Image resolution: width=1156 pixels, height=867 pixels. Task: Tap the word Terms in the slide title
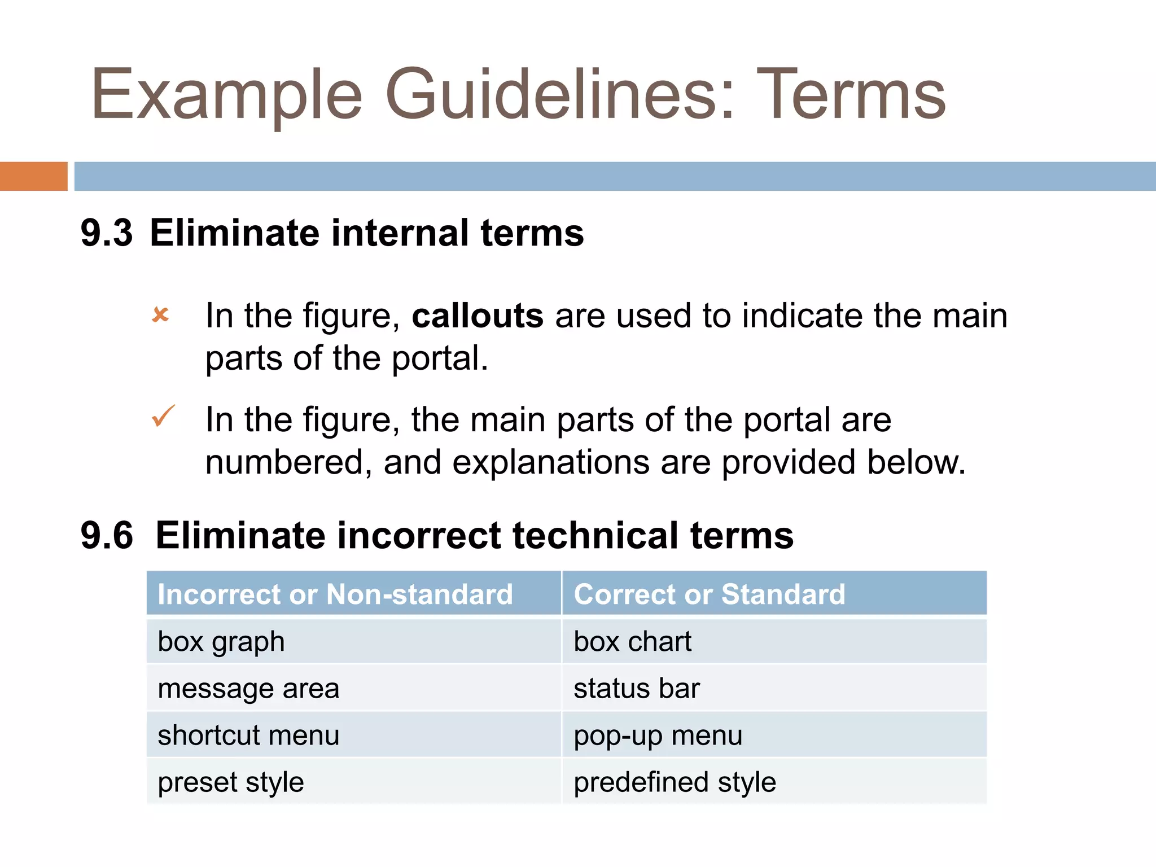click(851, 95)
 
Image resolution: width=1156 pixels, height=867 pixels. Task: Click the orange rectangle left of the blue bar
click(33, 176)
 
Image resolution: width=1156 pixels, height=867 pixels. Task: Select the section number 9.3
click(107, 233)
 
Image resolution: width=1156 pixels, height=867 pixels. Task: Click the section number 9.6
click(107, 535)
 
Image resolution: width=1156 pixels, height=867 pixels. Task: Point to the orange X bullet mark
click(160, 314)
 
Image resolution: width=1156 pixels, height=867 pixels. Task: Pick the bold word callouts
click(478, 316)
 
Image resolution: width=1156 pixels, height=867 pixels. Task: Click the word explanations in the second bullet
click(550, 462)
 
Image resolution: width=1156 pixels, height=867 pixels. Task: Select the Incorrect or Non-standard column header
click(335, 594)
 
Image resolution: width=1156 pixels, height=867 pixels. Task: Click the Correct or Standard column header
click(710, 594)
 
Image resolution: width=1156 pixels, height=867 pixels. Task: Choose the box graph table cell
click(221, 642)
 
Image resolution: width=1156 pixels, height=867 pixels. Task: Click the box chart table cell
click(632, 642)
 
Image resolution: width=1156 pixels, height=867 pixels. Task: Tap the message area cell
click(248, 689)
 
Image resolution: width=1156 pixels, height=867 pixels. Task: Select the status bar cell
click(637, 689)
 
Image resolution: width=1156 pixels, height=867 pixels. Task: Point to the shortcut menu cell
click(248, 735)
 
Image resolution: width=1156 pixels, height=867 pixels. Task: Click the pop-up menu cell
click(658, 735)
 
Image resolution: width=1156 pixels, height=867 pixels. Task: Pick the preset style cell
click(231, 782)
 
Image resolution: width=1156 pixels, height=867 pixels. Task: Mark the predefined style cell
click(675, 782)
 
